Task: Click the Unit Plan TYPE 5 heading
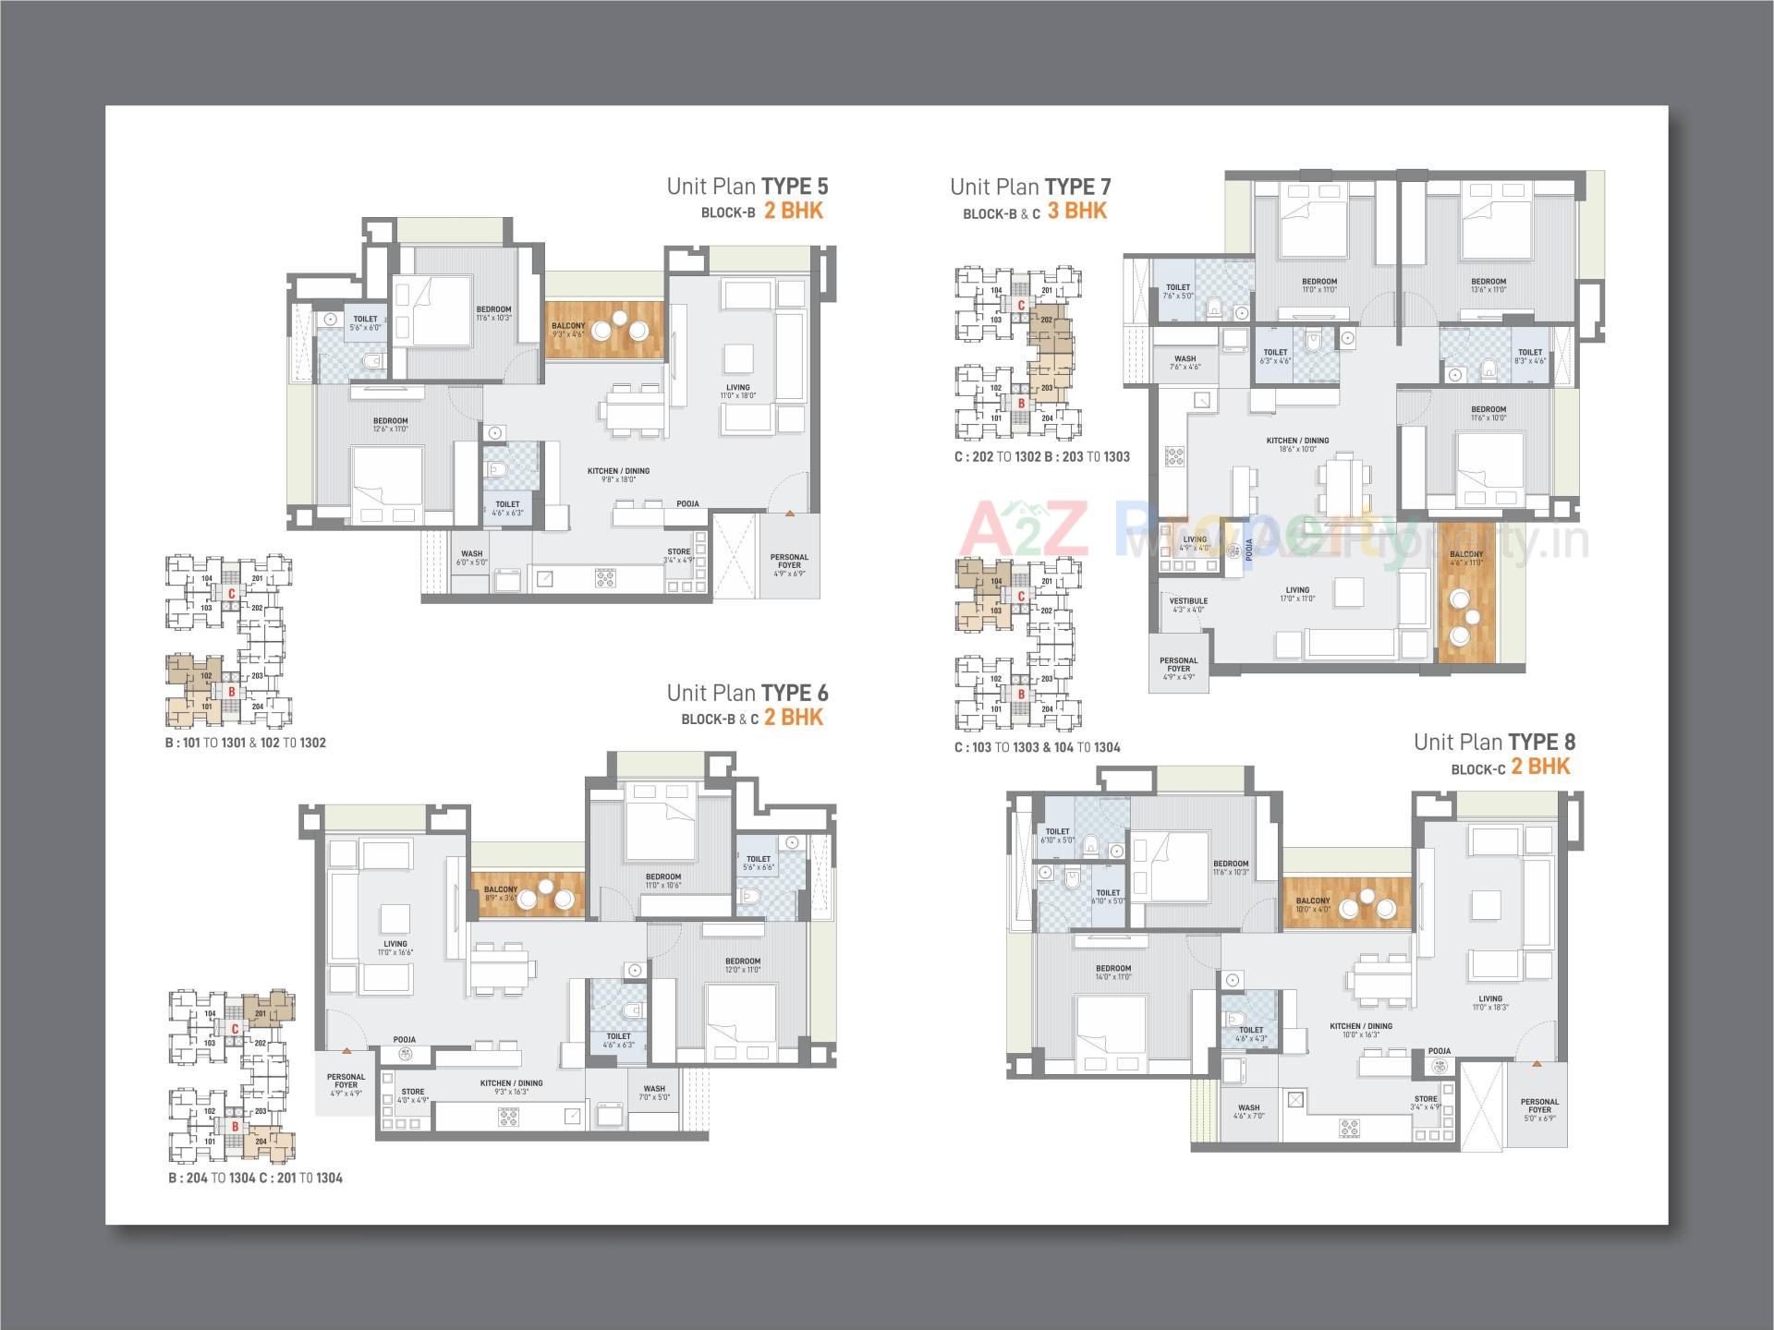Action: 747,187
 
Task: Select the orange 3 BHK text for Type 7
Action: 1076,212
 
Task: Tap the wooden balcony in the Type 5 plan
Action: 604,330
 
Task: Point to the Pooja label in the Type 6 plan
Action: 404,1039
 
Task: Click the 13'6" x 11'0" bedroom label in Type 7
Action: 1488,285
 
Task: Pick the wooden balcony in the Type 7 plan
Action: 1465,605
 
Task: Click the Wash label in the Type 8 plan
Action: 1248,1111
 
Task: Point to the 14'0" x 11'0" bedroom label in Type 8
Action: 1112,973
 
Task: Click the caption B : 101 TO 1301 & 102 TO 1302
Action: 245,743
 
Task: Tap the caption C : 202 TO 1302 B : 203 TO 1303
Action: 1041,456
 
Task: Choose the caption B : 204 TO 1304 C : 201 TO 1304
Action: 255,1178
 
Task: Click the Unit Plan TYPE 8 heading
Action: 1493,742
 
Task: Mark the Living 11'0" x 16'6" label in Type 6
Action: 395,948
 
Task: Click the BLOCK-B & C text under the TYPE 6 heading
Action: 719,719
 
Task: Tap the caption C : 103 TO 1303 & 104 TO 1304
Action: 1037,747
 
